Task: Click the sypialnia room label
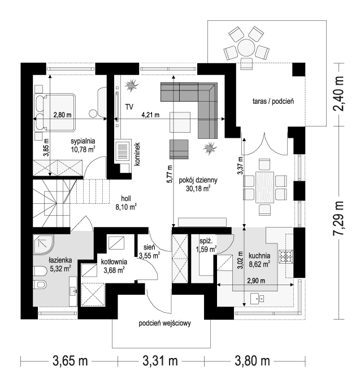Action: pos(83,141)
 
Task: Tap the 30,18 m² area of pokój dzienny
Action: pos(198,188)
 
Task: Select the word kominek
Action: pos(137,154)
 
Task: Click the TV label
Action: pos(129,107)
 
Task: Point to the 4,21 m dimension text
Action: pos(150,115)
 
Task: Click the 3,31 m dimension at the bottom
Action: pos(160,361)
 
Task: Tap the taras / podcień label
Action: pos(273,101)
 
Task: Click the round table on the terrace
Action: pos(246,47)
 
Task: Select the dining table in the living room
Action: pos(264,187)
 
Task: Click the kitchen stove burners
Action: pos(286,256)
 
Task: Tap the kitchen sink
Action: pos(257,298)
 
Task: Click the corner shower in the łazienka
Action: pos(44,244)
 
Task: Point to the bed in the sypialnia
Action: pos(54,113)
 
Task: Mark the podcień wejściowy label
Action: pos(164,323)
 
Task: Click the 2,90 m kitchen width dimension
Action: pos(256,281)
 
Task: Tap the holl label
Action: pos(126,199)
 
